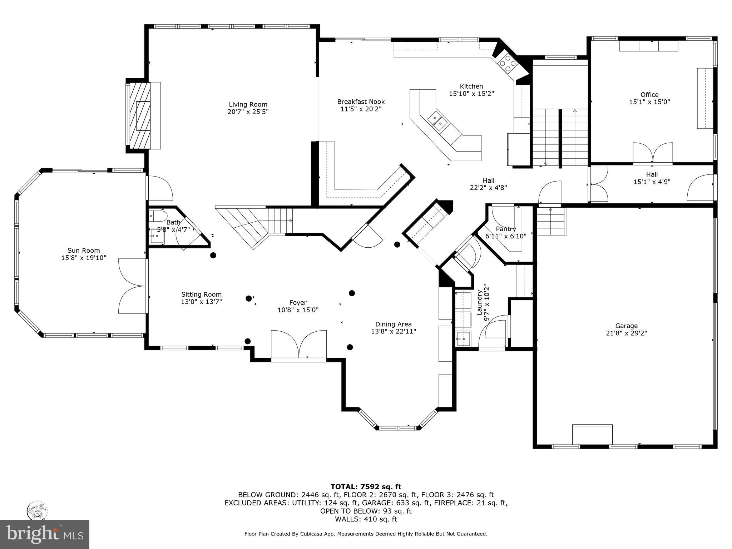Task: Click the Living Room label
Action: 248,104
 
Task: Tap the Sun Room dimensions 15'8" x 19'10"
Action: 84,258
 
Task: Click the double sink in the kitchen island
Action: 438,120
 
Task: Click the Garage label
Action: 626,326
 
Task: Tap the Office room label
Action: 649,95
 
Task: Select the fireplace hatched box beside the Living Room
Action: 140,115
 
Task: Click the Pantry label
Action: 506,229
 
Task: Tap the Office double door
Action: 653,153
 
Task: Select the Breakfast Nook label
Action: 361,102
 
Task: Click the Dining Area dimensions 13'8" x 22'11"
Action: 394,332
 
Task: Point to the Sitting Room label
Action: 201,295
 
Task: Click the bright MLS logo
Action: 45,534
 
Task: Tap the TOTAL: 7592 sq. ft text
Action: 366,487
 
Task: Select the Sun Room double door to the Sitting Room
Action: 133,286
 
